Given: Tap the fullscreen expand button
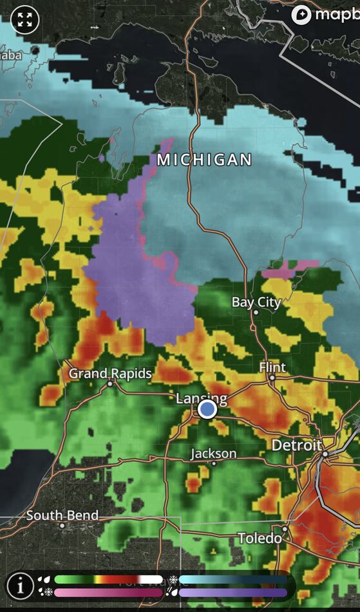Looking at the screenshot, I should click(x=25, y=19).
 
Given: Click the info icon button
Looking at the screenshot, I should click(x=21, y=586).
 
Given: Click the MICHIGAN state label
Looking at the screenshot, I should click(x=205, y=160).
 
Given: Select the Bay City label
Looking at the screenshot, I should click(x=256, y=302).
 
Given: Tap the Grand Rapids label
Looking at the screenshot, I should click(x=110, y=374).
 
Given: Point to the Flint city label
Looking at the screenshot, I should click(x=272, y=367).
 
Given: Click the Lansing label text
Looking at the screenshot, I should click(x=201, y=399).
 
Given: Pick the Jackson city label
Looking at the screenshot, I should click(x=213, y=454).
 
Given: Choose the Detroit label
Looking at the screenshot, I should click(x=296, y=445).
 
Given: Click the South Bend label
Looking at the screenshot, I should click(x=62, y=515).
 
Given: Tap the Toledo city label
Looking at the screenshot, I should click(x=260, y=538).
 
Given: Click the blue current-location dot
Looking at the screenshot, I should click(x=207, y=409).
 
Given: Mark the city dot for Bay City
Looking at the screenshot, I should click(x=256, y=312).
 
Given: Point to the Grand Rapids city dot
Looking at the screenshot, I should click(x=110, y=383).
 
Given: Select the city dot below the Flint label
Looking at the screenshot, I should click(x=272, y=377).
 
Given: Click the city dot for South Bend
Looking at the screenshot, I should click(x=62, y=525).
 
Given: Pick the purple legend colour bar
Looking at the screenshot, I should click(x=232, y=593).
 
